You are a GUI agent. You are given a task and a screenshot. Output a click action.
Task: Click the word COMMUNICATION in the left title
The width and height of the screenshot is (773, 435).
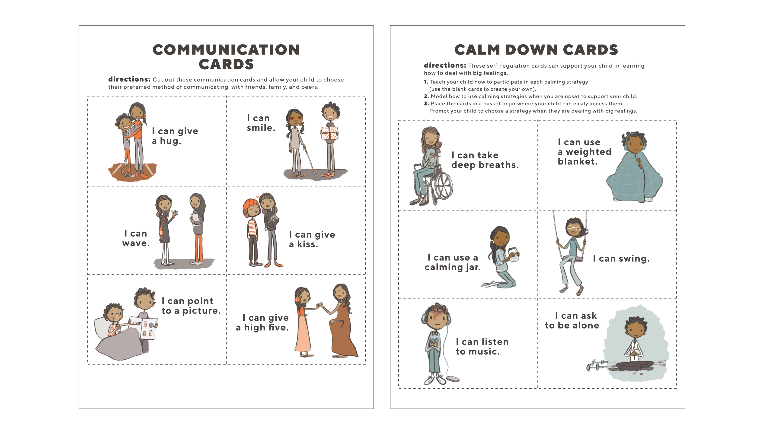point(226,50)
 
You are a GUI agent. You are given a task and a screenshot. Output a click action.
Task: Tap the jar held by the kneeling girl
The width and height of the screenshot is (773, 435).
point(514,255)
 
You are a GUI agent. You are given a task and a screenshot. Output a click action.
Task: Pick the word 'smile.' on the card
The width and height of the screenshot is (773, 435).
point(261,128)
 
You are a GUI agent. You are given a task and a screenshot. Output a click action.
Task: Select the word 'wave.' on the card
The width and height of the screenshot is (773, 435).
point(136,243)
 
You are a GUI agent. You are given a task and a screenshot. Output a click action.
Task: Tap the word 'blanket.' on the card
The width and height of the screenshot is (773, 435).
point(578,161)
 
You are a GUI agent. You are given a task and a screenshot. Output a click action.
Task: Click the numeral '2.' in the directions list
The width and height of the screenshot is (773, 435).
point(426,96)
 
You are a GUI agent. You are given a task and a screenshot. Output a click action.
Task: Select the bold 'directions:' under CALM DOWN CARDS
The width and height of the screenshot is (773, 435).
point(445,65)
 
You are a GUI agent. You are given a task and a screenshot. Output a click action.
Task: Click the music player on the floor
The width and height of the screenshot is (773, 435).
point(453,379)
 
